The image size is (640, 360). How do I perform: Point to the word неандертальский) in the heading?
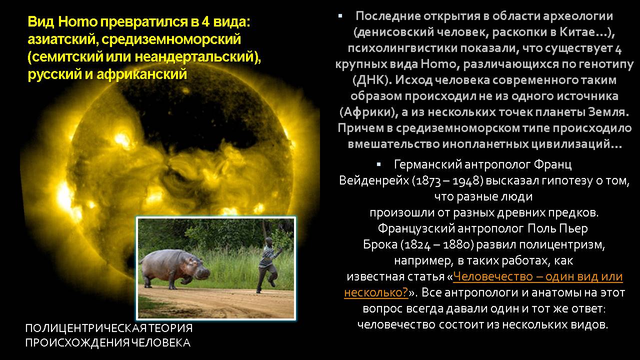pos(197,57)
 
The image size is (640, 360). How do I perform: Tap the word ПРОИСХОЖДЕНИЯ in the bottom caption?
pos(77,343)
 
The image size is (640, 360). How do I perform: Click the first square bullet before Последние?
pos(340,16)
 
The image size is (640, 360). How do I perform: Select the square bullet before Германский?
pos(379,164)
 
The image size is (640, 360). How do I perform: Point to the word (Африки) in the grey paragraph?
pos(368,112)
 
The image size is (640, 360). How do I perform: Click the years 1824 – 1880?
pos(437,245)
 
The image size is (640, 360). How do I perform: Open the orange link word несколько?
pos(376,293)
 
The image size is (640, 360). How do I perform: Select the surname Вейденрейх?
pos(374,181)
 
